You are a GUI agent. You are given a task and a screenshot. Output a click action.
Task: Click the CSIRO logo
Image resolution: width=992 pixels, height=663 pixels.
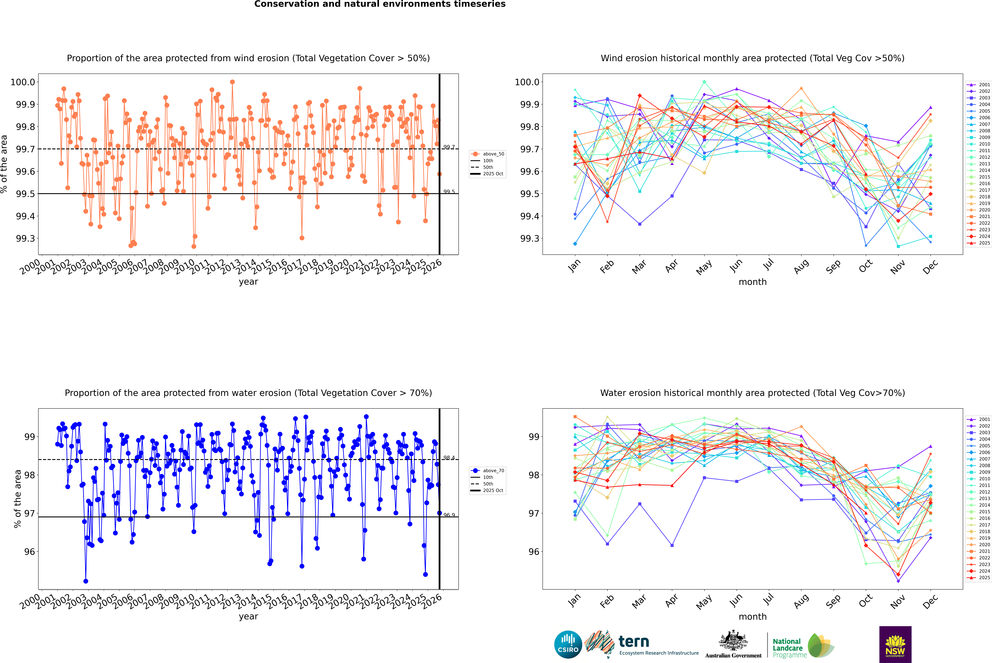point(568,644)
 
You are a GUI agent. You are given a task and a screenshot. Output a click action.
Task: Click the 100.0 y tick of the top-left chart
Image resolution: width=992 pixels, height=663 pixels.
point(23,82)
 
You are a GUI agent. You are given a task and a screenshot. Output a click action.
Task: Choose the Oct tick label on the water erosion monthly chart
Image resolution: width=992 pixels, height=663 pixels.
point(865,601)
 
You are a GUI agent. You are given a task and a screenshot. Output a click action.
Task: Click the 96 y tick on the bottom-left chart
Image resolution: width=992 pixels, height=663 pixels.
point(30,552)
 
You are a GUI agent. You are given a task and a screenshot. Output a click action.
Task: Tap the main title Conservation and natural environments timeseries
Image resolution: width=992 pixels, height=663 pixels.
point(380,4)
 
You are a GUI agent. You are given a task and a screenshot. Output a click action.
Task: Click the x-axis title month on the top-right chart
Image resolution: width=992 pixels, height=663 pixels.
point(752,282)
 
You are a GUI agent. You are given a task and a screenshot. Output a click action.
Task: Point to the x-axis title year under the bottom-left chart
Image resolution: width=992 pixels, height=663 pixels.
point(248,617)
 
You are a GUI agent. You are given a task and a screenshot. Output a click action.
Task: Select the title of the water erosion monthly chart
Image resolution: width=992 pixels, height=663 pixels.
point(752,393)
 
